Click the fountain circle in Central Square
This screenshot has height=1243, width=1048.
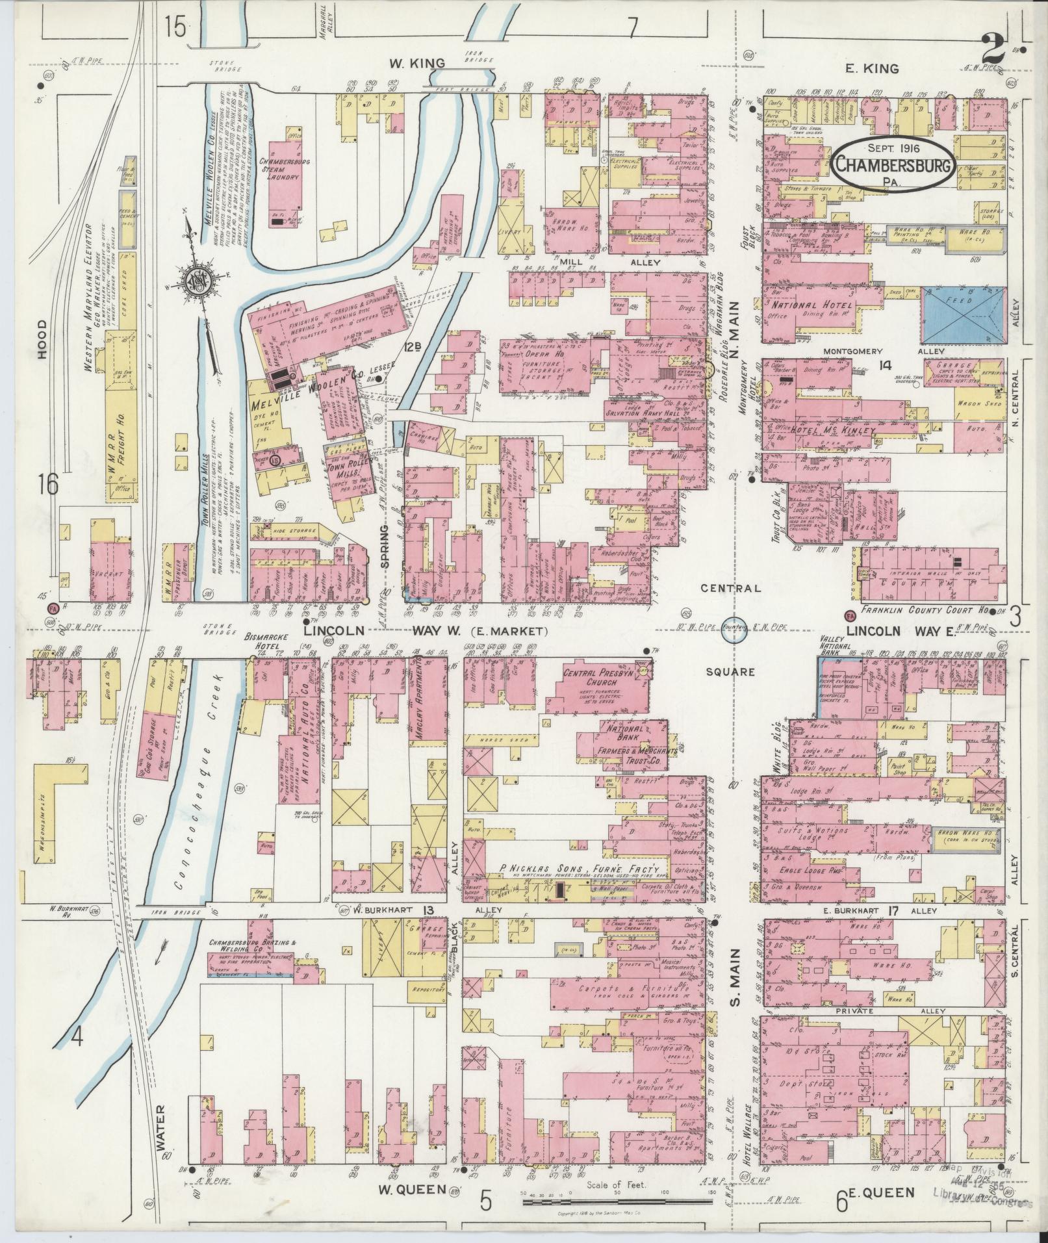734,629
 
